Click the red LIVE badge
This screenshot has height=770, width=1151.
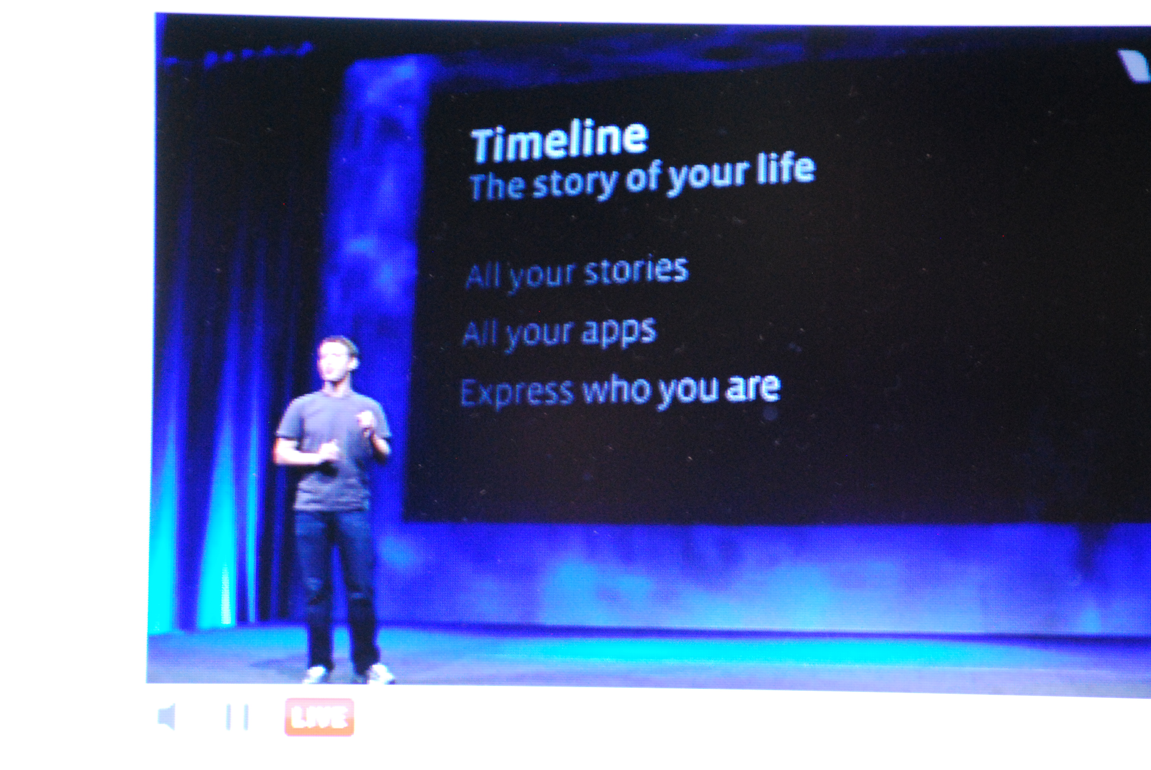319,717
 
